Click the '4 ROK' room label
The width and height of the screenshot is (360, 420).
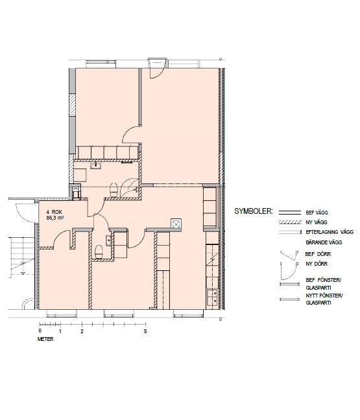click(54, 212)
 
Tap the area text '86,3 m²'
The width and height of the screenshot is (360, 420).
click(55, 218)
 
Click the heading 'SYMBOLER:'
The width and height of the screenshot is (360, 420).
click(254, 211)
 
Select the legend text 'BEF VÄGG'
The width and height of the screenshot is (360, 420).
click(317, 213)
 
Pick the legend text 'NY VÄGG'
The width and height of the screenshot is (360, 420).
click(317, 222)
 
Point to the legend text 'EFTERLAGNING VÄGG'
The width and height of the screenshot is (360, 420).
click(330, 232)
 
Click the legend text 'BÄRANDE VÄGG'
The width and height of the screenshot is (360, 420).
click(324, 242)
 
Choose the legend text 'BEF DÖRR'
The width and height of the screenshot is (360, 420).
click(318, 254)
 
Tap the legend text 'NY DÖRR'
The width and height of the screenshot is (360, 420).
click(317, 264)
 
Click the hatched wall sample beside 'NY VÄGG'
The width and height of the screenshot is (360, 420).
click(290, 222)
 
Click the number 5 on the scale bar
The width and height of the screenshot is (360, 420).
click(145, 331)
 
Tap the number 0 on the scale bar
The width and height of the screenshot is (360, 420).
click(40, 331)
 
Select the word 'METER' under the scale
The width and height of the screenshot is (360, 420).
click(45, 339)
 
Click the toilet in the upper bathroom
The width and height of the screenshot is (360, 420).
click(114, 189)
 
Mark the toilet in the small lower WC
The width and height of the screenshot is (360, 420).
click(99, 251)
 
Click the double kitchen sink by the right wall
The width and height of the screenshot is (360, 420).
click(213, 297)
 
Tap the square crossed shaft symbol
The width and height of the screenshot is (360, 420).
click(176, 224)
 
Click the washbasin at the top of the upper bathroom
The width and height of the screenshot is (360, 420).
click(96, 165)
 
